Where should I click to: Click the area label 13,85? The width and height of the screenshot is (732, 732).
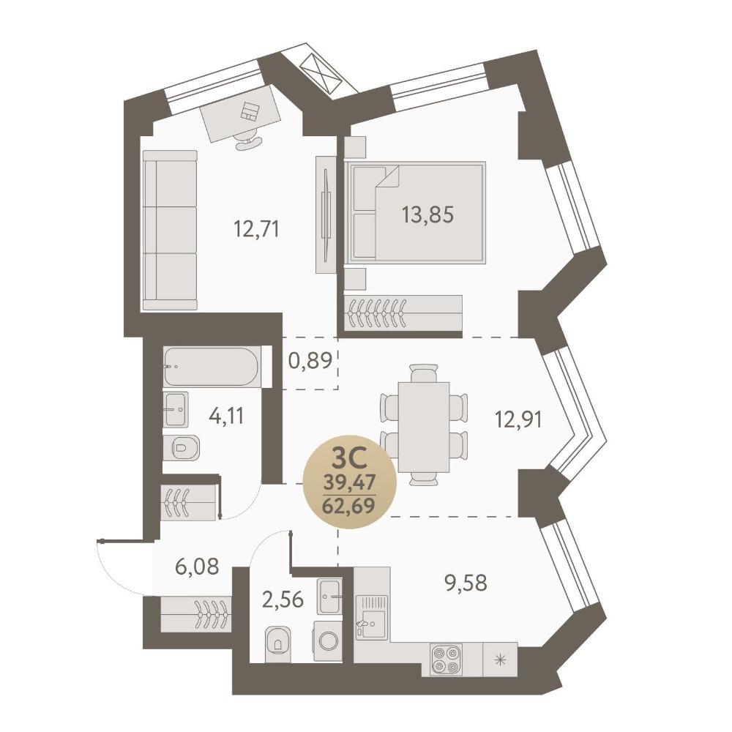click(427, 215)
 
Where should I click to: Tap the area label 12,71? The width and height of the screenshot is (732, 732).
click(256, 229)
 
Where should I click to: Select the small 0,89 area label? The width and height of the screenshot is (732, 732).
click(310, 360)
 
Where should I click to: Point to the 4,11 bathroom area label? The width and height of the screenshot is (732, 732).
click(226, 416)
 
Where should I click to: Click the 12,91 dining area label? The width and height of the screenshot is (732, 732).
click(518, 419)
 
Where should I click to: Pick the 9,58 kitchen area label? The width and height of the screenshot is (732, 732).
click(466, 583)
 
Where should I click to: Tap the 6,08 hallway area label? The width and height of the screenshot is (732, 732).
click(196, 567)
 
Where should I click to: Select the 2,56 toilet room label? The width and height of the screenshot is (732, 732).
click(283, 600)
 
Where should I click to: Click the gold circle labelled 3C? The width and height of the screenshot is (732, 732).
click(350, 482)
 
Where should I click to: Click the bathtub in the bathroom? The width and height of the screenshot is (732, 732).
click(211, 367)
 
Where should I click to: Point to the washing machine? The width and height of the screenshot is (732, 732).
click(328, 640)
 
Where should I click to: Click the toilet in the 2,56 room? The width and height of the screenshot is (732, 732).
click(277, 644)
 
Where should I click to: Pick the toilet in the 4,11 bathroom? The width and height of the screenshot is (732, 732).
click(182, 448)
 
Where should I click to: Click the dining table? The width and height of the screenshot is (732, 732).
click(424, 427)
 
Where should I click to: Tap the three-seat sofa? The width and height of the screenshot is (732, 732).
click(170, 230)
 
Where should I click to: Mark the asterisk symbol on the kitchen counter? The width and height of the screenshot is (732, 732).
click(500, 660)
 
